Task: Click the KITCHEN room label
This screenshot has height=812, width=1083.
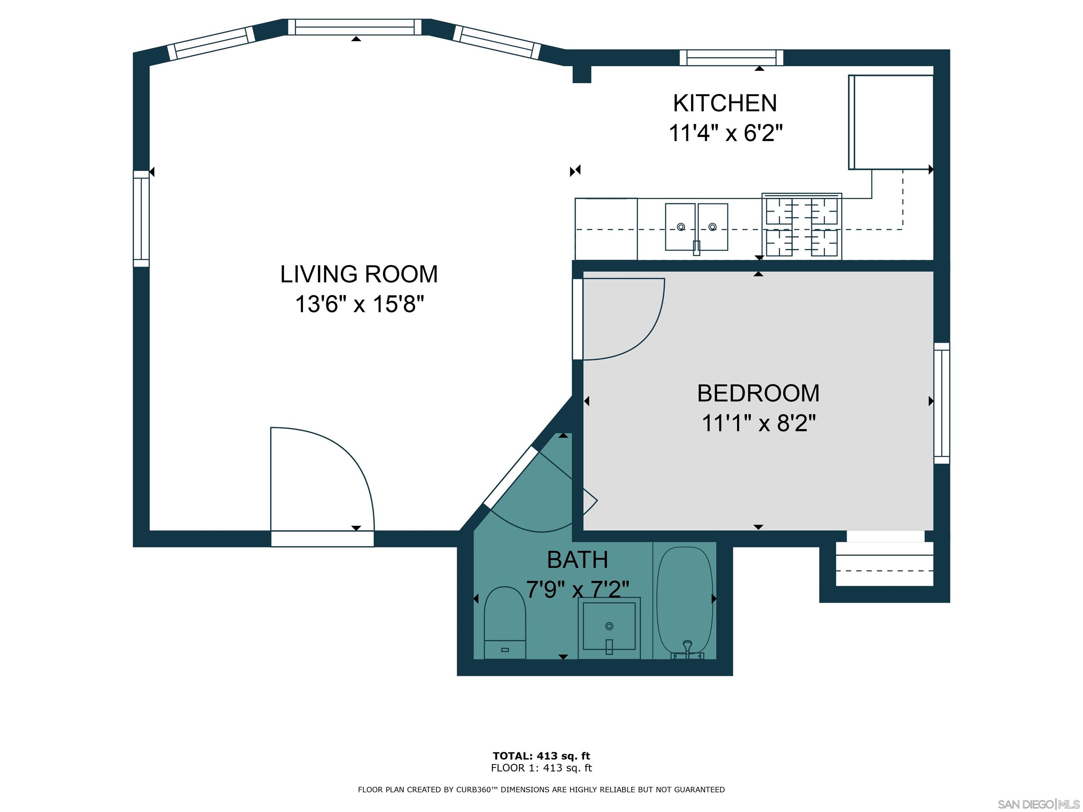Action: click(x=724, y=103)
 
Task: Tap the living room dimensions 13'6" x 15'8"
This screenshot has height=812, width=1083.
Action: click(x=359, y=304)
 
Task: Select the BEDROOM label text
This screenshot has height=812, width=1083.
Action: click(x=758, y=394)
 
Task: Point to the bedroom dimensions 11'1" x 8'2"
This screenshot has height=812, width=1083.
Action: click(x=758, y=423)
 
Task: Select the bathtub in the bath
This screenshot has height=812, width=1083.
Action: click(x=685, y=602)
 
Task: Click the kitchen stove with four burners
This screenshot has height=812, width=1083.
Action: click(x=801, y=226)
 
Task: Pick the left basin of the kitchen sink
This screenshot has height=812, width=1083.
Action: click(x=680, y=226)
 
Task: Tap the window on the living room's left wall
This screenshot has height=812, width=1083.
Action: click(x=141, y=219)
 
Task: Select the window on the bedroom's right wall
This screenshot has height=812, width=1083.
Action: click(x=942, y=403)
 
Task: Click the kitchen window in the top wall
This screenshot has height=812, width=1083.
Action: click(x=731, y=58)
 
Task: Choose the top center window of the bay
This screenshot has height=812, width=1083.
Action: click(x=354, y=27)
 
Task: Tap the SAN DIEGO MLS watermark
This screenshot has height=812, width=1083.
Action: click(x=1038, y=804)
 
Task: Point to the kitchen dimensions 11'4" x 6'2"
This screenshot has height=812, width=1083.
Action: click(x=725, y=133)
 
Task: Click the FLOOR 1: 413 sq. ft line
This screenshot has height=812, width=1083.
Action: click(x=541, y=768)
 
